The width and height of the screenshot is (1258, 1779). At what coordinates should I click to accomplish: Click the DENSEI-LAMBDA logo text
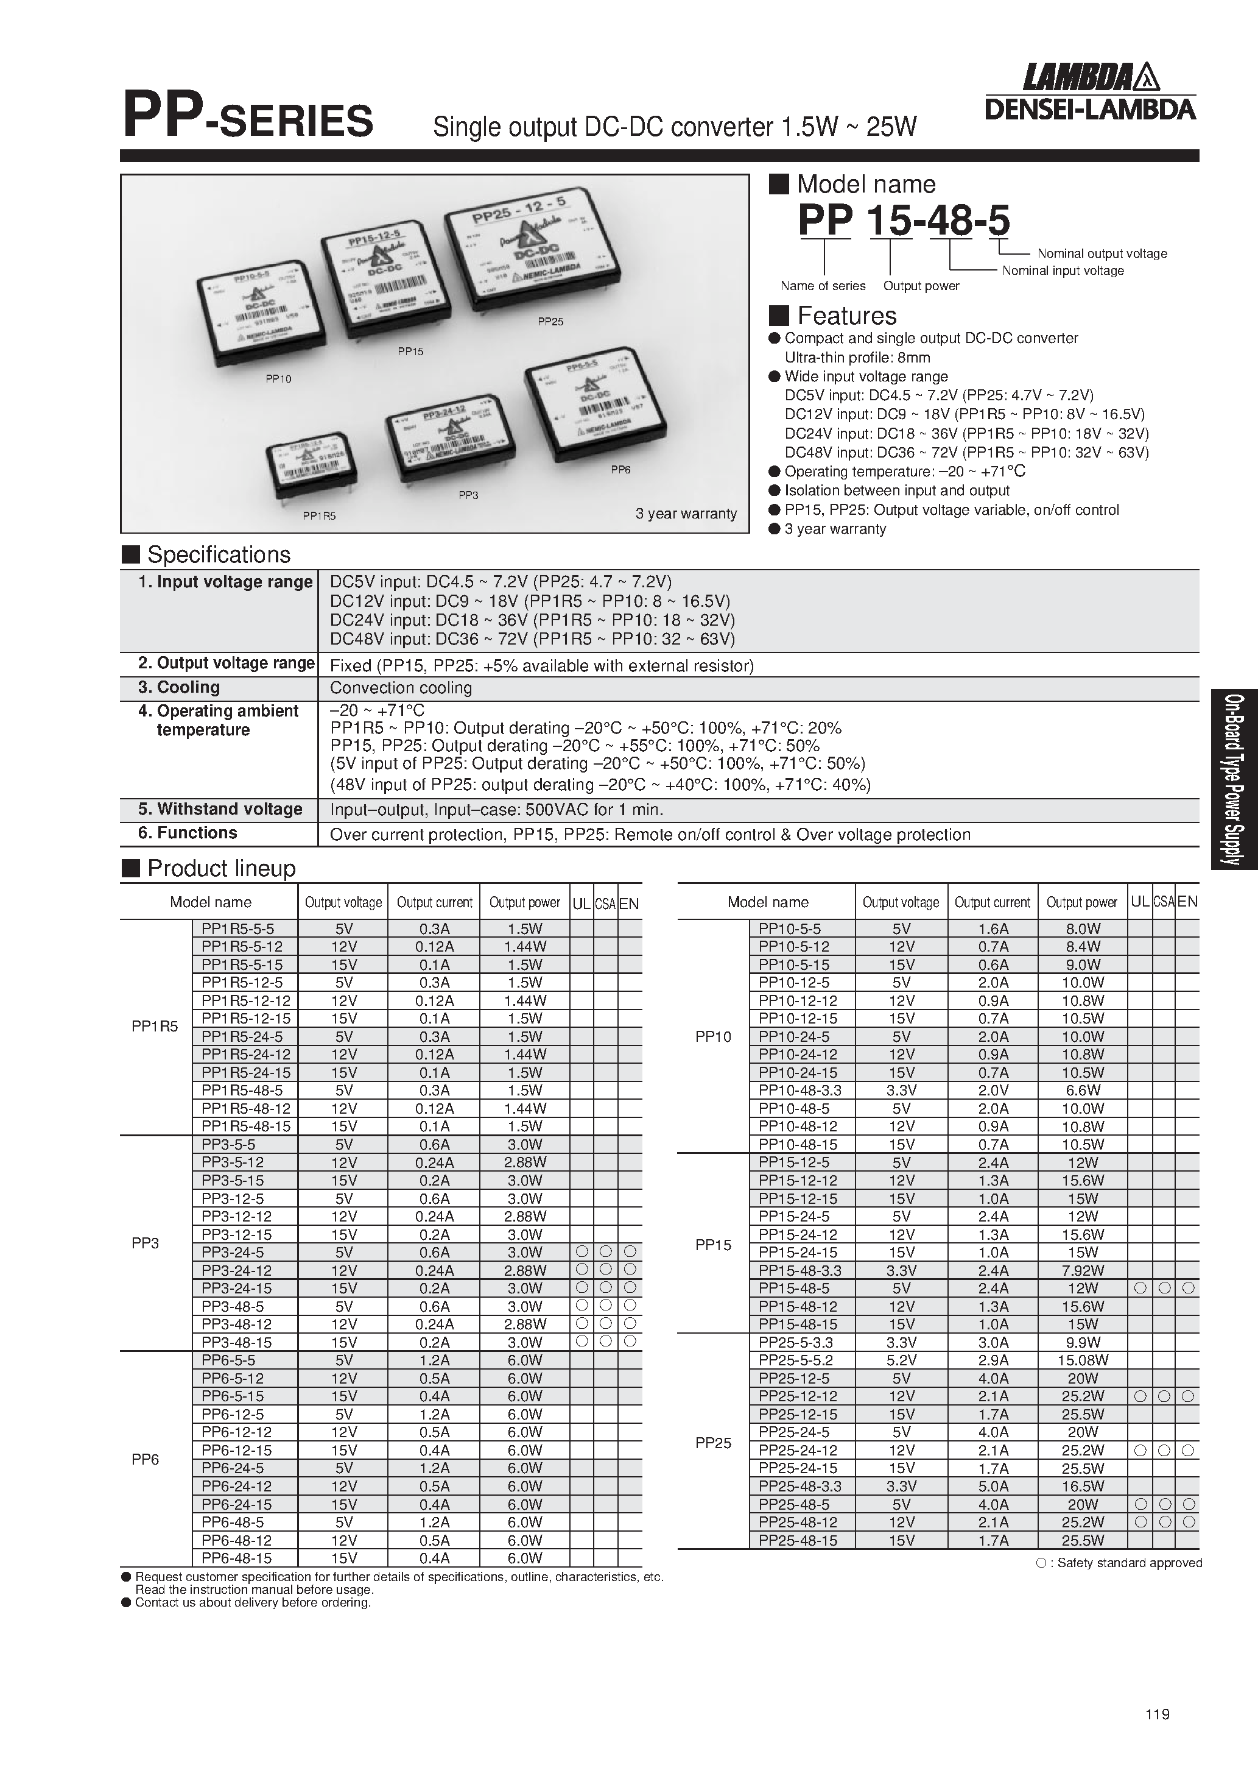(x=1089, y=109)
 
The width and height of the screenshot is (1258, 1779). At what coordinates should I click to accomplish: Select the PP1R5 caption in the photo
(x=319, y=515)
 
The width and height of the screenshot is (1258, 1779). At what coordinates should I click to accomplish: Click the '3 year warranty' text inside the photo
(x=686, y=514)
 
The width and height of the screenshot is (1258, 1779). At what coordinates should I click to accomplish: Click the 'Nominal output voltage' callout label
(x=1102, y=253)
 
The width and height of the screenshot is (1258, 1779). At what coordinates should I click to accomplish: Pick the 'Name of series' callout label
(x=823, y=286)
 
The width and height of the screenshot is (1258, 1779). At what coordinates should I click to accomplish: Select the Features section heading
(x=846, y=316)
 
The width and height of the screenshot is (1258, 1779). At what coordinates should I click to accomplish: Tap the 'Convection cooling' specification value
(x=401, y=688)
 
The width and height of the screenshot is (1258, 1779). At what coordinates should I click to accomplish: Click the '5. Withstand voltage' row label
(x=220, y=809)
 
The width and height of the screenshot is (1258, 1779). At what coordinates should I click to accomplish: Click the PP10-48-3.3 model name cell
(x=799, y=1090)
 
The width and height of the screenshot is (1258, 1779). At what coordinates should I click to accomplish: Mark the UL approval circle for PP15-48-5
(x=1139, y=1289)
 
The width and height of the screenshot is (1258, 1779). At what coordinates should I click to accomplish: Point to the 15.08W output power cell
(x=1082, y=1360)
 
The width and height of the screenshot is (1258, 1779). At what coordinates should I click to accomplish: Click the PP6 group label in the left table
(x=145, y=1460)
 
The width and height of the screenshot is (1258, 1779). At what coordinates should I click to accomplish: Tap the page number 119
(x=1156, y=1714)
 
